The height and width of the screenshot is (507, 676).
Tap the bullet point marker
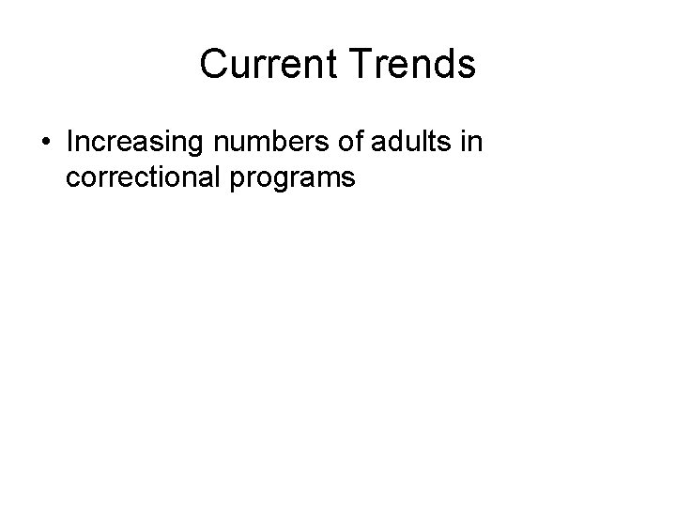tap(46, 143)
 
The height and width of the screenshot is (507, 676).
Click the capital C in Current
tap(214, 65)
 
